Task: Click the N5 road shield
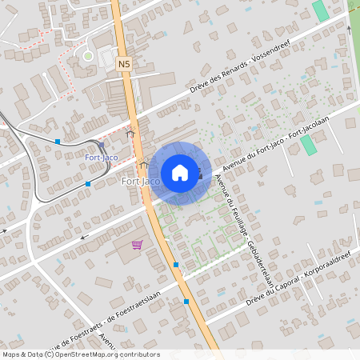point(123,62)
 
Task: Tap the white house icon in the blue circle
point(180,173)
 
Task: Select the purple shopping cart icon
point(137,245)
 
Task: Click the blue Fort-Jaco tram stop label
point(102,158)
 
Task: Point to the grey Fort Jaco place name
point(140,182)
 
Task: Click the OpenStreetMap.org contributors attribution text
point(107,354)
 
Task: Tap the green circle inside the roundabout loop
point(88,56)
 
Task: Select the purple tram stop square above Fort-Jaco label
point(102,145)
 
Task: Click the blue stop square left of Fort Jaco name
point(88,184)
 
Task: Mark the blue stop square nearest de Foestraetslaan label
point(186,302)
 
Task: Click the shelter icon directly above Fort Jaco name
point(144,164)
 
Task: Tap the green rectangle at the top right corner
point(321,11)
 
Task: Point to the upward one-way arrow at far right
point(349,30)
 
